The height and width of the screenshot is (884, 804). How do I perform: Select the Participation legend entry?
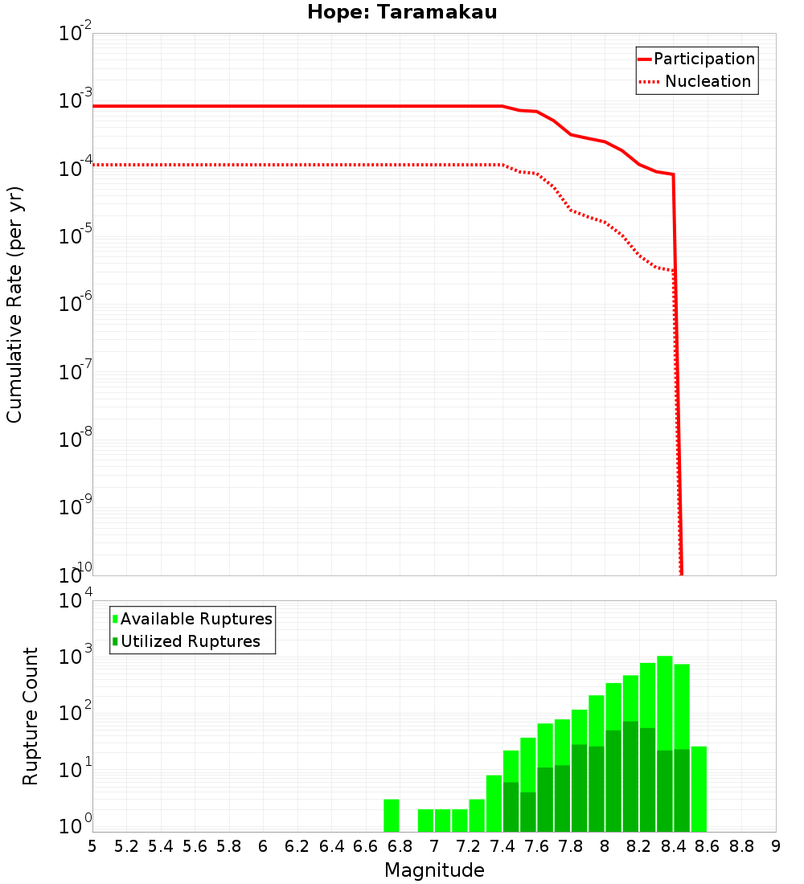696,59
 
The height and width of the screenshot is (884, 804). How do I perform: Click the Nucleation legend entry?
696,82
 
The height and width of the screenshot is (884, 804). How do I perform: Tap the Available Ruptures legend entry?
192,619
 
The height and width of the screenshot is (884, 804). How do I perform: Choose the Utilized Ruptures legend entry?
186,641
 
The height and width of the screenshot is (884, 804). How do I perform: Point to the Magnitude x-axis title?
434,870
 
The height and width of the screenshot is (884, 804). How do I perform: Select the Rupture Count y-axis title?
31,715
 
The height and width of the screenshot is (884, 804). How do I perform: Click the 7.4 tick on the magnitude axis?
503,846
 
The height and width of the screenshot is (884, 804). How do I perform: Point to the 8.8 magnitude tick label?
741,846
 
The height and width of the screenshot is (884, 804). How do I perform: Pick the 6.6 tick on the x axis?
366,846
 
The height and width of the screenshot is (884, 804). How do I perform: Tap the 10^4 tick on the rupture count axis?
77,601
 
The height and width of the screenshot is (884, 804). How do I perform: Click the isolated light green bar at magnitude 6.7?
392,816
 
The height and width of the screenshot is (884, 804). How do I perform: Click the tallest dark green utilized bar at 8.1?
630,776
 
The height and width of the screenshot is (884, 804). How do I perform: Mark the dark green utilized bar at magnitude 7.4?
511,807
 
